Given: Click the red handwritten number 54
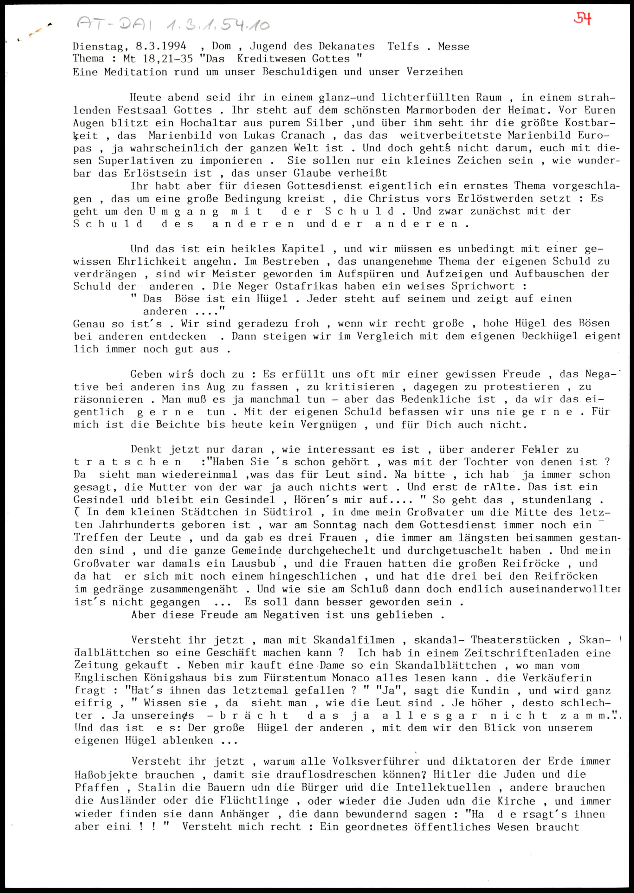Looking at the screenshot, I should pyautogui.click(x=582, y=19).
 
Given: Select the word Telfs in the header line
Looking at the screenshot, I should pyautogui.click(x=403, y=47).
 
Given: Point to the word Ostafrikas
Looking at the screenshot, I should pyautogui.click(x=300, y=286).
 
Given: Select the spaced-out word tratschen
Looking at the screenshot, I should pyautogui.click(x=128, y=463).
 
